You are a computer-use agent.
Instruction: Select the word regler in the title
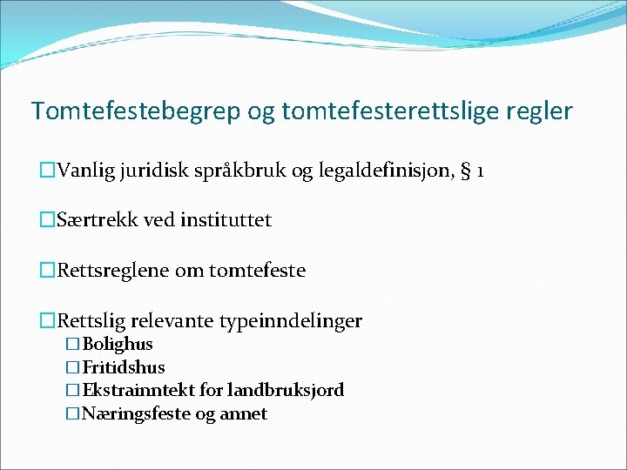pyautogui.click(x=541, y=111)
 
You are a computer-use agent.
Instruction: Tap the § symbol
pyautogui.click(x=466, y=171)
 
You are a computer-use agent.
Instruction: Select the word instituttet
pyautogui.click(x=226, y=220)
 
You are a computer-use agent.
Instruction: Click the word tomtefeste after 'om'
pyautogui.click(x=257, y=271)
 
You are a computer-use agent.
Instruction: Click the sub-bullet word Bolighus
pyautogui.click(x=118, y=345)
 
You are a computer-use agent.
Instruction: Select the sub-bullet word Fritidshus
pyautogui.click(x=124, y=367)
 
